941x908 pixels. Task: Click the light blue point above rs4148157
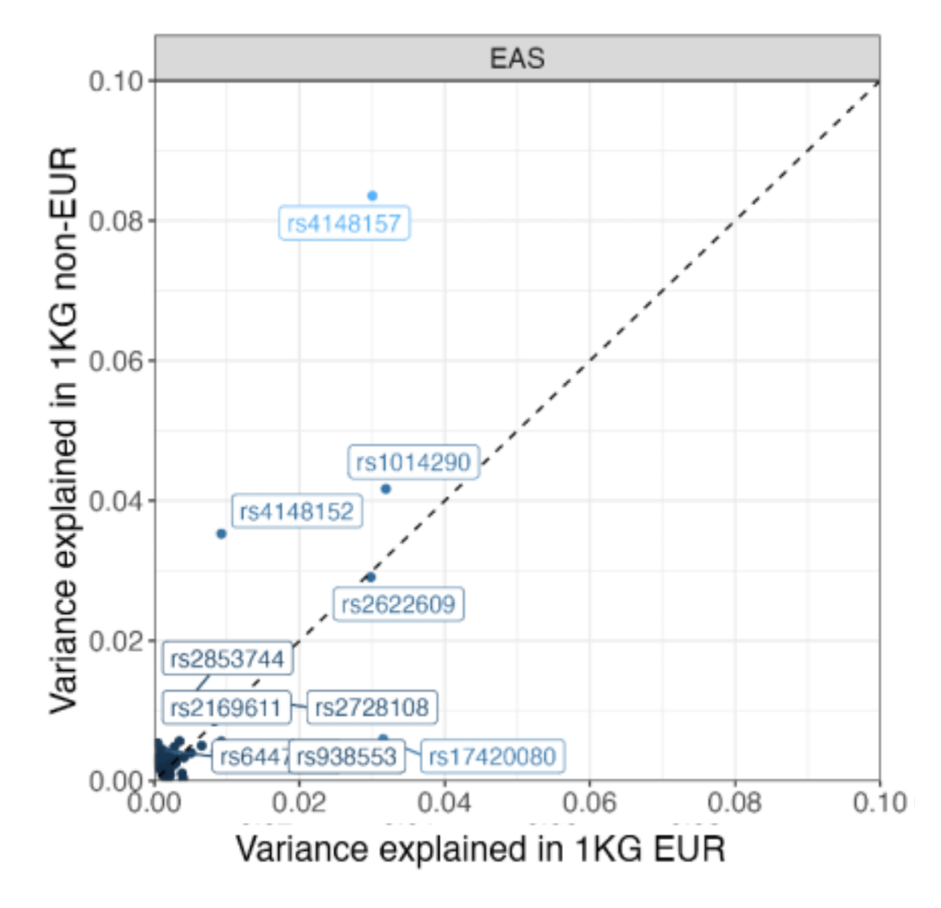(x=372, y=196)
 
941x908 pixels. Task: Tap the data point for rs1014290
(x=386, y=489)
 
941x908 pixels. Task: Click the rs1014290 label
(x=414, y=463)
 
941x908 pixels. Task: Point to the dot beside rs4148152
(x=221, y=533)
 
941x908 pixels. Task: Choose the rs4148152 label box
(x=297, y=512)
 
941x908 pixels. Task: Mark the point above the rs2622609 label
(x=371, y=577)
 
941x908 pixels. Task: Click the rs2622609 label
(x=399, y=603)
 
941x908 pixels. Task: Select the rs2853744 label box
(x=227, y=660)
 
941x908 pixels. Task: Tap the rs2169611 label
(x=225, y=708)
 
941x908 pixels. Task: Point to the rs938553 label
(x=345, y=757)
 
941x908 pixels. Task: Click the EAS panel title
(x=516, y=59)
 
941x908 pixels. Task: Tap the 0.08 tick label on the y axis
(x=117, y=220)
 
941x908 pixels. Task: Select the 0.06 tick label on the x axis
(x=590, y=805)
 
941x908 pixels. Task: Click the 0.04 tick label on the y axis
(x=117, y=501)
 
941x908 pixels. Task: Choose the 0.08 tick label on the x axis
(x=735, y=805)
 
